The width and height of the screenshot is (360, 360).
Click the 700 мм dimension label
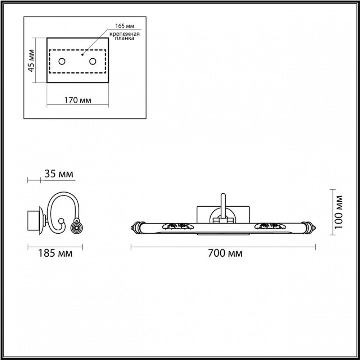coord(225,253)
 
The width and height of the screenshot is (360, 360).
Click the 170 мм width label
coord(77,100)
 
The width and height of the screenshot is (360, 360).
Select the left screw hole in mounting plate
coord(62,61)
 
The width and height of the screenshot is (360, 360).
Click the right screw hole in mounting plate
coord(93,61)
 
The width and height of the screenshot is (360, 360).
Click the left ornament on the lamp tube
coord(176,226)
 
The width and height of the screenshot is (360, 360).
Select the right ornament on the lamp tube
coord(269,226)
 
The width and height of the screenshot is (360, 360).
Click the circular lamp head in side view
coord(76,226)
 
